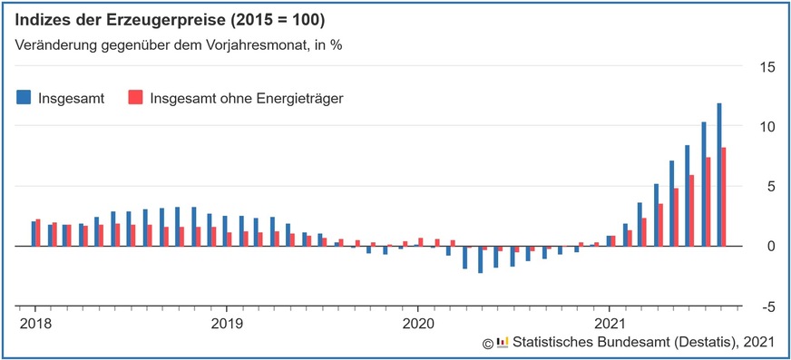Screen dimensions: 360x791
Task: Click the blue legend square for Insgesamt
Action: click(x=24, y=97)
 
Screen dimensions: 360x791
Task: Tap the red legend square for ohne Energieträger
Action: click(x=135, y=97)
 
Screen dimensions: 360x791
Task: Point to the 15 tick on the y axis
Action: click(x=767, y=66)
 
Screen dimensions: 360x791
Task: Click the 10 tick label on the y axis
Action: click(x=767, y=126)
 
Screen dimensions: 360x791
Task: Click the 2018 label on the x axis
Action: click(x=34, y=322)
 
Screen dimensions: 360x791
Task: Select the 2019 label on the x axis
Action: click(x=226, y=322)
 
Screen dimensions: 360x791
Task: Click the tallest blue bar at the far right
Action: click(x=719, y=174)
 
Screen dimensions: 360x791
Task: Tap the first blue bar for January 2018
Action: click(x=34, y=234)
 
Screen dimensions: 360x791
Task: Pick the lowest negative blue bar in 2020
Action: click(x=480, y=259)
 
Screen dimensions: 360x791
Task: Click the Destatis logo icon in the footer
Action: click(x=503, y=343)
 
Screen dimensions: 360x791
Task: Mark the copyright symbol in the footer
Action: click(x=487, y=343)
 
